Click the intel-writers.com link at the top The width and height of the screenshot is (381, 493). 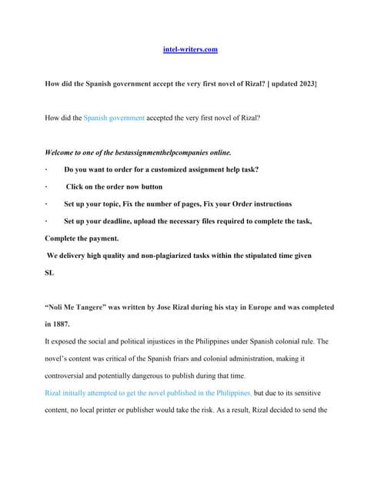click(x=190, y=49)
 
